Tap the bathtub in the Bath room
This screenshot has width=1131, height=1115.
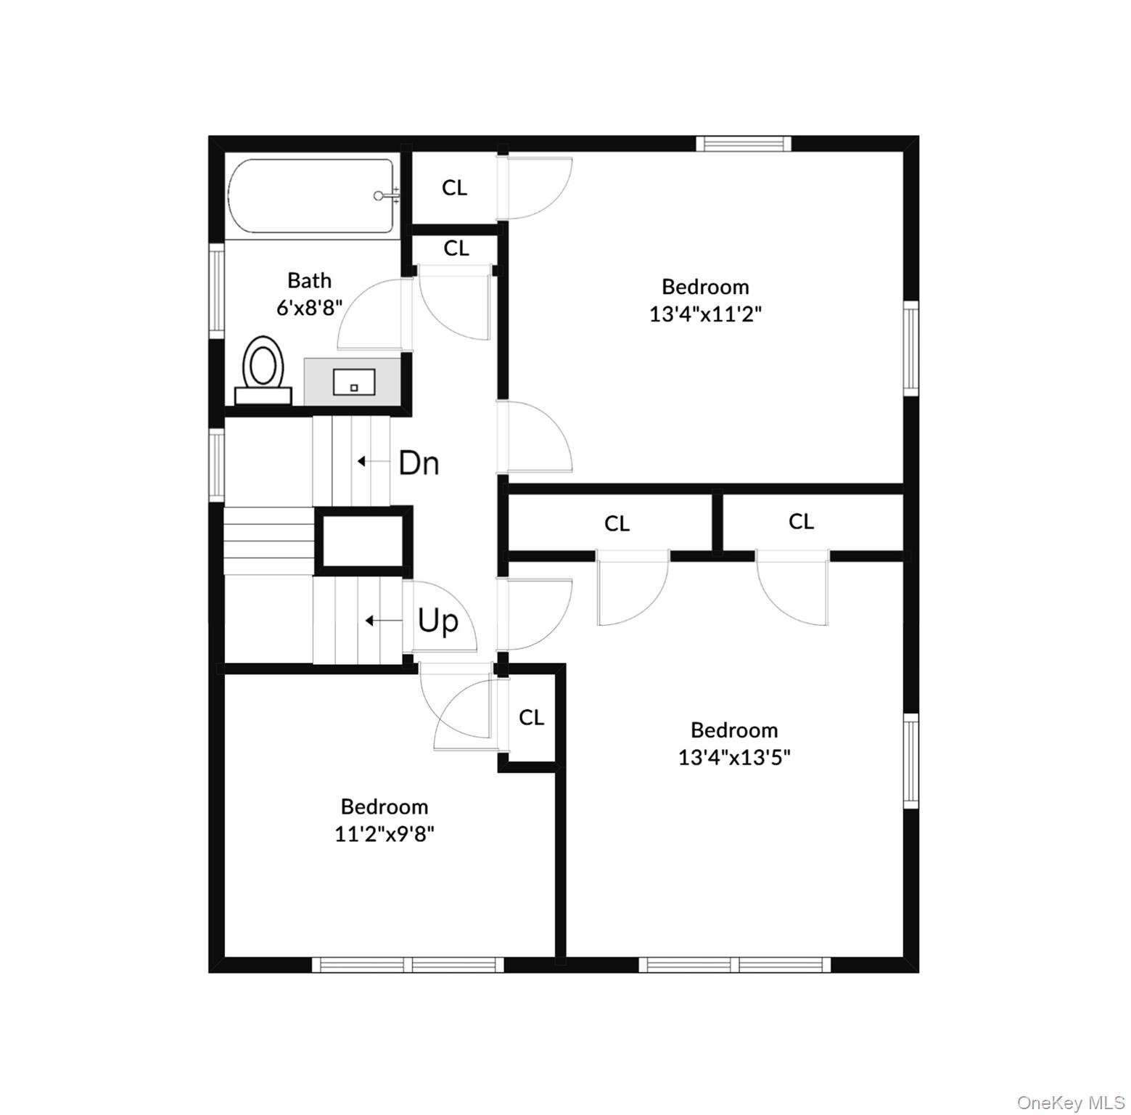[312, 196]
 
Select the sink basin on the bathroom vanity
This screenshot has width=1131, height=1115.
[354, 382]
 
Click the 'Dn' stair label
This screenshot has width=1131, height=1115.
[419, 462]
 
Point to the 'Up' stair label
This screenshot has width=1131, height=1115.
[438, 621]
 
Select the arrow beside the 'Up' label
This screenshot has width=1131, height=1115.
[384, 621]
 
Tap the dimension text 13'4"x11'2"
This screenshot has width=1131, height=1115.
[705, 314]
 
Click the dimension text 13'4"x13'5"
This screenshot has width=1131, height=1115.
[734, 757]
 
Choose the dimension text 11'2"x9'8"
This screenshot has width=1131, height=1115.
[384, 834]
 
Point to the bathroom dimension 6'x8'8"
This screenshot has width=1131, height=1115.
[309, 307]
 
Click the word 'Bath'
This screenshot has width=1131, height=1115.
[309, 280]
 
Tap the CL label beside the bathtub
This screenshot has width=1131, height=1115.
[455, 188]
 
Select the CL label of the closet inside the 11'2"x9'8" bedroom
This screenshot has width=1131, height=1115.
[531, 718]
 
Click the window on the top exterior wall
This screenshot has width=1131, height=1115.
[744, 144]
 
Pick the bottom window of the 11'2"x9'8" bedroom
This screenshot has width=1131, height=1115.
[408, 965]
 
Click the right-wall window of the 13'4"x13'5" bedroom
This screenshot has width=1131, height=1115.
[910, 760]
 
